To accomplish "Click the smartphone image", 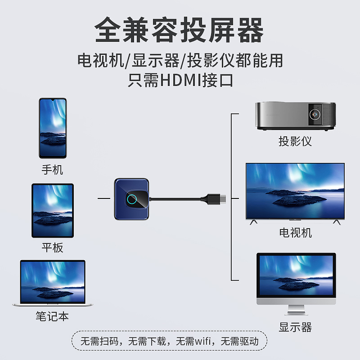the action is [53, 128].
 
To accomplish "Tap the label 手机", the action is [53, 170].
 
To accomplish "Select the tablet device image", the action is [53, 211].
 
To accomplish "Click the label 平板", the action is [53, 247].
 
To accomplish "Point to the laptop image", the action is [53, 283].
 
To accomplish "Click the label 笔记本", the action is [53, 316].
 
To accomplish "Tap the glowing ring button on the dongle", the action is [133, 200].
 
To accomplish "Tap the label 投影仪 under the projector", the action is [295, 141].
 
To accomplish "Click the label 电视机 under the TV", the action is [295, 233].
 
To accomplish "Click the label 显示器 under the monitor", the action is [295, 327].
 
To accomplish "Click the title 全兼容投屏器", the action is [180, 31].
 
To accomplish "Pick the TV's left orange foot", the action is [254, 221].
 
